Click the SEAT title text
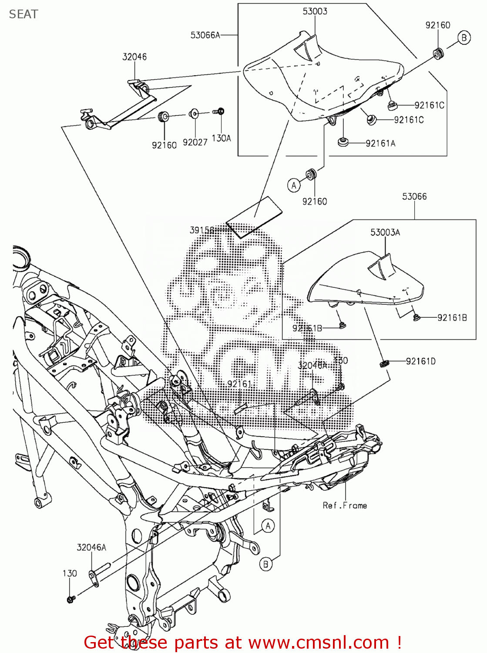24,14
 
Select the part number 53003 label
315,11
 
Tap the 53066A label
205,35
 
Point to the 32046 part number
134,57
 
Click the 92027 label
195,142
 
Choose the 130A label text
221,138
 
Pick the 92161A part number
380,143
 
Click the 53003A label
385,232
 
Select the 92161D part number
420,361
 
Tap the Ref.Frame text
345,505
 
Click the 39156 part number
202,230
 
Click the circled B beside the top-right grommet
464,38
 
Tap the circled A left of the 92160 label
294,185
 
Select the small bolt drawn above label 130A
219,111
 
